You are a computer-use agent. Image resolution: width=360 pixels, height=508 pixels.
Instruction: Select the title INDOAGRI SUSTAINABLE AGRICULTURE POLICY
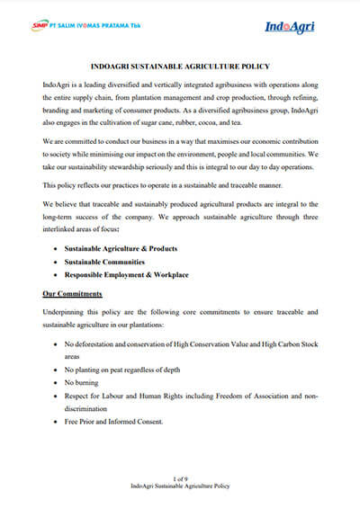tap(180, 67)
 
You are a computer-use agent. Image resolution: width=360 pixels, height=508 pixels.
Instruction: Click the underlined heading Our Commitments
tap(73, 293)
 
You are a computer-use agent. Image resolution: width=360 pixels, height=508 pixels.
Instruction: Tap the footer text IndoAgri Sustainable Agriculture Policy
tap(180, 486)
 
